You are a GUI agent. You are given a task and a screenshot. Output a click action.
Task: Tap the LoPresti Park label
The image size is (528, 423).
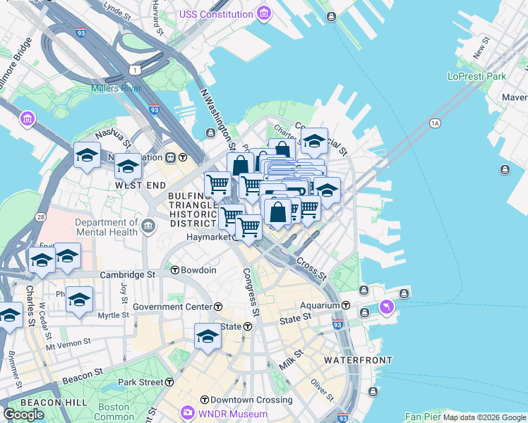coord(476,75)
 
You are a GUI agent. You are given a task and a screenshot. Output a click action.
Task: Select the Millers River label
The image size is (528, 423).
coord(116,88)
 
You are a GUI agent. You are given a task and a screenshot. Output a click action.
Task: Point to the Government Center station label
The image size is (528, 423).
coord(172,307)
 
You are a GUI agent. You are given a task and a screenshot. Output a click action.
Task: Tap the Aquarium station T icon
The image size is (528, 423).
coord(347,305)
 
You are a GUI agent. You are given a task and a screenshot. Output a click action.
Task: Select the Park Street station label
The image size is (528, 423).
coord(140,382)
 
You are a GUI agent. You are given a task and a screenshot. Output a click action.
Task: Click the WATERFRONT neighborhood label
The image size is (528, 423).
coord(358,360)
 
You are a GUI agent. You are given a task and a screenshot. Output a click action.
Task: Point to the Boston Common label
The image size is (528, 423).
coord(114,412)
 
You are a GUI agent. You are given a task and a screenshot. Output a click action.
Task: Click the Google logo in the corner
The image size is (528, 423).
coord(23,415)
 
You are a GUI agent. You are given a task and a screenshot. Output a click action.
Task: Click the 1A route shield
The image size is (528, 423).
coord(435,123)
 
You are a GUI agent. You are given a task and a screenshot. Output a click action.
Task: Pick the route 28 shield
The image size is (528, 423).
coord(42,217)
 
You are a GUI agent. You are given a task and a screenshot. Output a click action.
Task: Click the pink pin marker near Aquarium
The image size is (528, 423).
coord(387,307)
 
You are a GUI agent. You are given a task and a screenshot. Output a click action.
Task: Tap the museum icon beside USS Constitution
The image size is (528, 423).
coord(263,13)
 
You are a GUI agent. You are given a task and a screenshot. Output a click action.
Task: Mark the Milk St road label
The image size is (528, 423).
coord(289,364)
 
